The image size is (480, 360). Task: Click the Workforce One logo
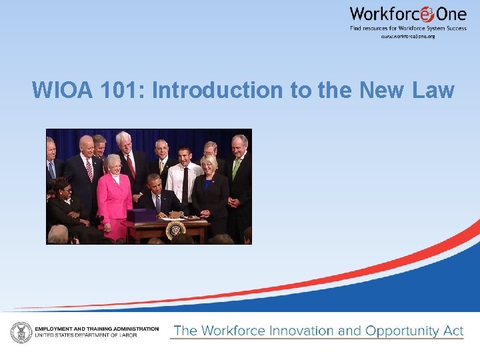(x=407, y=15)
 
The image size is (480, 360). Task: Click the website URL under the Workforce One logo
(x=408, y=36)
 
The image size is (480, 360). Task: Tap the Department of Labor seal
(x=21, y=331)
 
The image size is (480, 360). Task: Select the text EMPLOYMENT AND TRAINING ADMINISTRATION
(x=97, y=329)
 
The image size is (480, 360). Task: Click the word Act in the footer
(x=453, y=331)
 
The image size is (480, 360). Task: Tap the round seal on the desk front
(x=175, y=230)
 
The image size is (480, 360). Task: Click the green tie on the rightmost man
(x=236, y=167)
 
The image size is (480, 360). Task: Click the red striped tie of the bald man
(x=89, y=170)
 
